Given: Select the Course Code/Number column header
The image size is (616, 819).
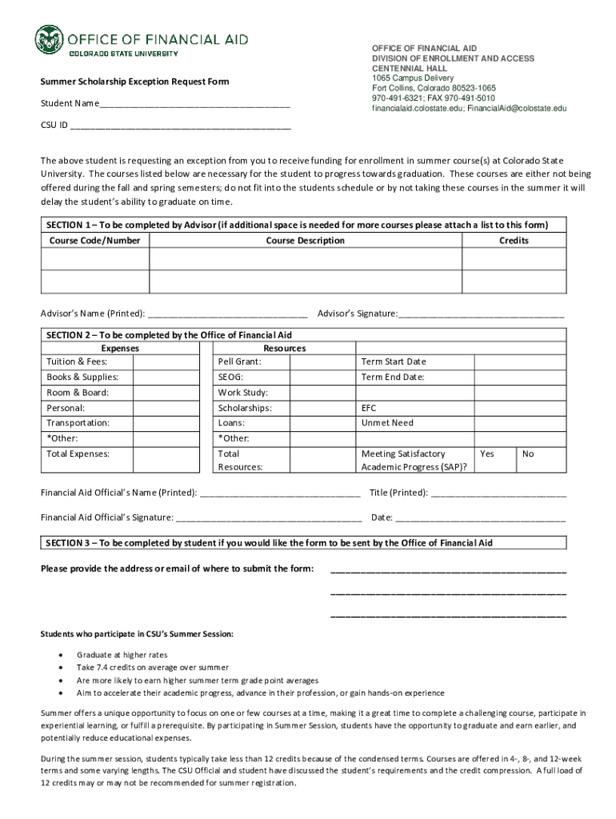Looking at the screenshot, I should point(94,241).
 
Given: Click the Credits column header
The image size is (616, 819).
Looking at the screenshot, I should point(514,241).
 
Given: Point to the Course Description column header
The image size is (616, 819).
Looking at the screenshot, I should point(305,241).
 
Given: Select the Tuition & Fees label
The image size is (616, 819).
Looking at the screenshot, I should point(77,362).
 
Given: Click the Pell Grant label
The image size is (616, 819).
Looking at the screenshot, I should point(239,362).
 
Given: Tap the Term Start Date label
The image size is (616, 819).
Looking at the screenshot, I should point(394,362).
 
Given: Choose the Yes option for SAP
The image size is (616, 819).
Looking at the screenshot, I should point(486,454).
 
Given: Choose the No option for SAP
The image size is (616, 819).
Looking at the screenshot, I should point(528,454).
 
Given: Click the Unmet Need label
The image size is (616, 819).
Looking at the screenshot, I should point(387,423).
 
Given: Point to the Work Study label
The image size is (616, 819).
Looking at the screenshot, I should point(242,393).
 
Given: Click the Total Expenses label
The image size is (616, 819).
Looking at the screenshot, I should point(78,454).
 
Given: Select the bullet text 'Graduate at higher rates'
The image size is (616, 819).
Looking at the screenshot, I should point(122,655).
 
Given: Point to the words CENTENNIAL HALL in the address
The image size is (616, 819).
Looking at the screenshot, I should point(409,69).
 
